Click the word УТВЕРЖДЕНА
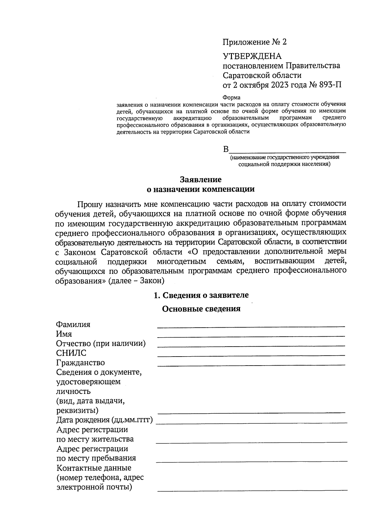[252, 56]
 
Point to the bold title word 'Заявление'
[201, 180]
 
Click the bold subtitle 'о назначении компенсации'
[200, 189]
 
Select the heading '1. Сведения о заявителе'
[201, 295]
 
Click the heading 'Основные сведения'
[201, 309]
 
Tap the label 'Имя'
[64, 334]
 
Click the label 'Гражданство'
[80, 363]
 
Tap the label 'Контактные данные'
[94, 468]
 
